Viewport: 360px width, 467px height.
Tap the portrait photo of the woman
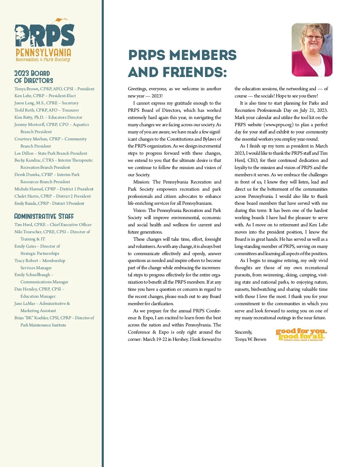[x=312, y=50]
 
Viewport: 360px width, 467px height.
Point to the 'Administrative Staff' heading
[x=44, y=216]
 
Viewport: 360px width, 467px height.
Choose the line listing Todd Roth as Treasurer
[x=46, y=110]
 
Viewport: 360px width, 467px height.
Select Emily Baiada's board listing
[x=49, y=203]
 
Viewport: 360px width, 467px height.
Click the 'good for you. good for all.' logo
[x=301, y=335]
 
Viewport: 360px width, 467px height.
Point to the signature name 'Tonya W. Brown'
[x=250, y=339]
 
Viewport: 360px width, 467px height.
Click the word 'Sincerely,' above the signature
[x=243, y=332]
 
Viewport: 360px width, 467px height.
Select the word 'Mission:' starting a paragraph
[x=141, y=182]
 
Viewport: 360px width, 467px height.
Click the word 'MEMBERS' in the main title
[x=203, y=55]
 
